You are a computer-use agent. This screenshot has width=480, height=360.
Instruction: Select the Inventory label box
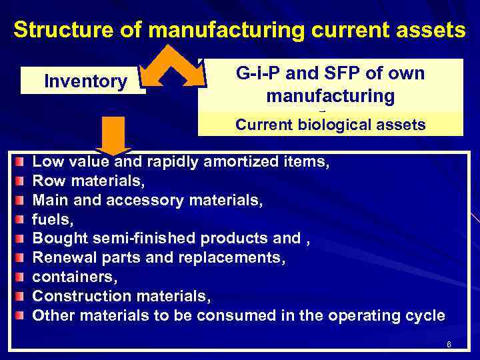coord(85,81)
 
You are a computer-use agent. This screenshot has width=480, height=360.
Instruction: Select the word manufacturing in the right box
coord(330,96)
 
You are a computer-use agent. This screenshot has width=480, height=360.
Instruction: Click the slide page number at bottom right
coord(449,345)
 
